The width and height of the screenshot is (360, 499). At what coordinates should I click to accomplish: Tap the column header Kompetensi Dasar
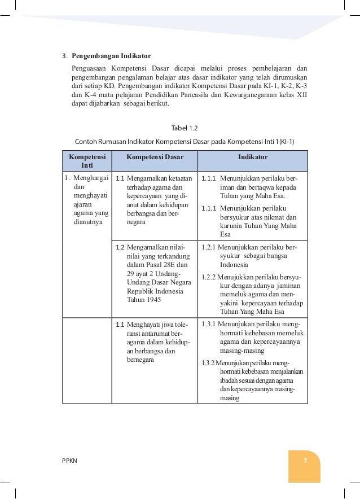[x=155, y=157]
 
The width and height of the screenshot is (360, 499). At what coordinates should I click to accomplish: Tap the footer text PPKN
[x=70, y=461]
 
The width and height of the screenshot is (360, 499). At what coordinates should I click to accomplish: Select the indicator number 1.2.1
[x=209, y=247]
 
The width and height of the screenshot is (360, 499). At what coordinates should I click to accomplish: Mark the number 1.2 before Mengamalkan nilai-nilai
[x=120, y=247]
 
